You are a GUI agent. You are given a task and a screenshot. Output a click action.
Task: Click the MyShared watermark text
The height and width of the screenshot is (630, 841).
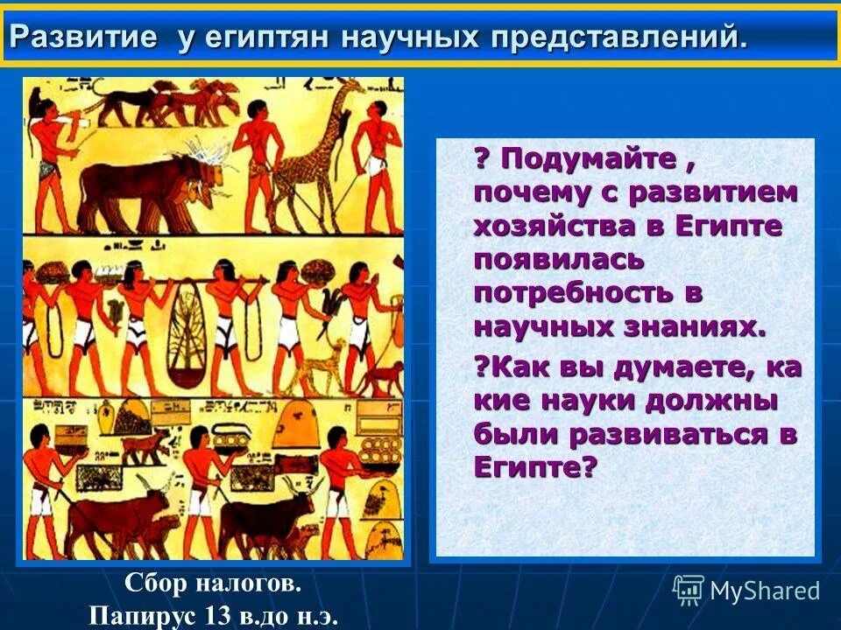[x=765, y=591]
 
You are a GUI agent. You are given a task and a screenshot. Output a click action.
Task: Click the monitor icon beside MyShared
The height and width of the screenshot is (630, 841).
[x=689, y=591]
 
